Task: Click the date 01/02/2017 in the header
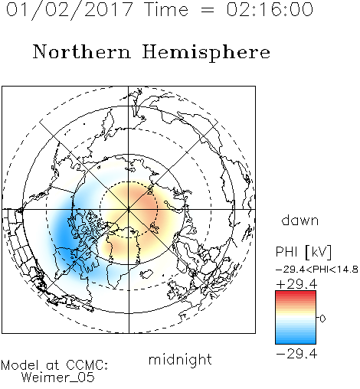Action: (70, 10)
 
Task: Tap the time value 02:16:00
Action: (270, 9)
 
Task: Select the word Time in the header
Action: (166, 9)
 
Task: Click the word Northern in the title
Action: (81, 51)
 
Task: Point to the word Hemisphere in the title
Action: (206, 53)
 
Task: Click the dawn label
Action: (299, 220)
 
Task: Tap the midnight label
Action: (180, 359)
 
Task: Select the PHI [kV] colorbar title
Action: (303, 252)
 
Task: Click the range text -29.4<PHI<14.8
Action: (317, 270)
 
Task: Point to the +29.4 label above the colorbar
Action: (296, 284)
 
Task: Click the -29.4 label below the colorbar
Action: (296, 354)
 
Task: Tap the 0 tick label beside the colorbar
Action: (322, 319)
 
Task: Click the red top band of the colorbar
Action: (296, 294)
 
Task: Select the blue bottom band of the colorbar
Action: (296, 341)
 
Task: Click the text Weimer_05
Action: (58, 377)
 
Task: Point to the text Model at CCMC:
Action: (54, 365)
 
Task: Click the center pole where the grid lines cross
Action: (129, 209)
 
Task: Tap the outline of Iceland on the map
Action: (146, 274)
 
